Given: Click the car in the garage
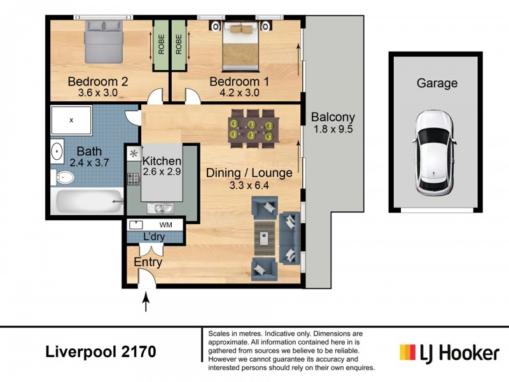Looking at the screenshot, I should [435, 153].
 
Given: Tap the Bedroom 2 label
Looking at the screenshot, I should [99, 81].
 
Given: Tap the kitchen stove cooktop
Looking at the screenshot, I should [134, 180].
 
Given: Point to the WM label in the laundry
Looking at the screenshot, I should [165, 225].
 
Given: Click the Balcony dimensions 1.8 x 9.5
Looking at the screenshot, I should [333, 129].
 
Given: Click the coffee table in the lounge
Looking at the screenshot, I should [265, 239].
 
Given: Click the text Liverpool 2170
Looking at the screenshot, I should [101, 351].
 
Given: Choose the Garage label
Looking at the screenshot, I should [436, 83].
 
